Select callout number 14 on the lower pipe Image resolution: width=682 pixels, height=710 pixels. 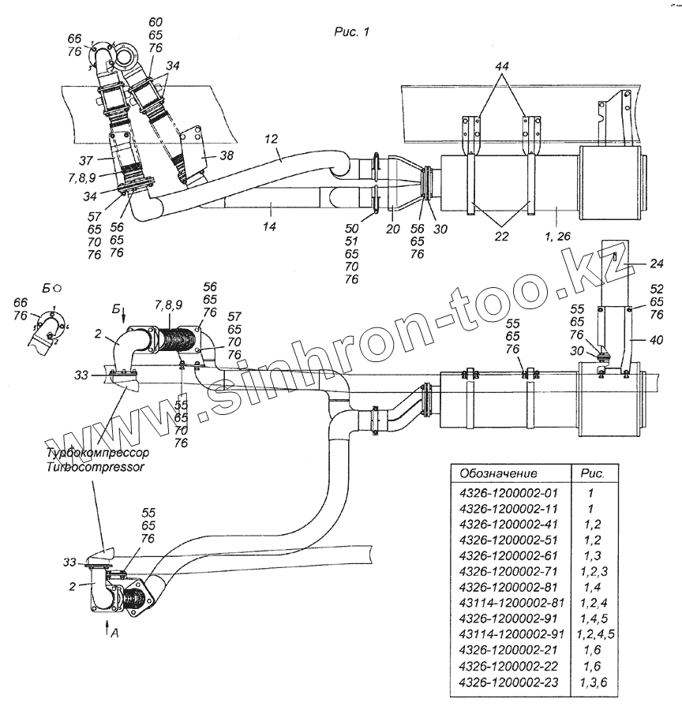pyautogui.click(x=269, y=208)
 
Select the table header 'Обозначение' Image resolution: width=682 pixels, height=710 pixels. pyautogui.click(x=494, y=474)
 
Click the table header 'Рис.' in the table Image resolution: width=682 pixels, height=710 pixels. pyautogui.click(x=593, y=474)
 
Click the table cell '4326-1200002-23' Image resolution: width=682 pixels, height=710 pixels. pyautogui.click(x=508, y=682)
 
